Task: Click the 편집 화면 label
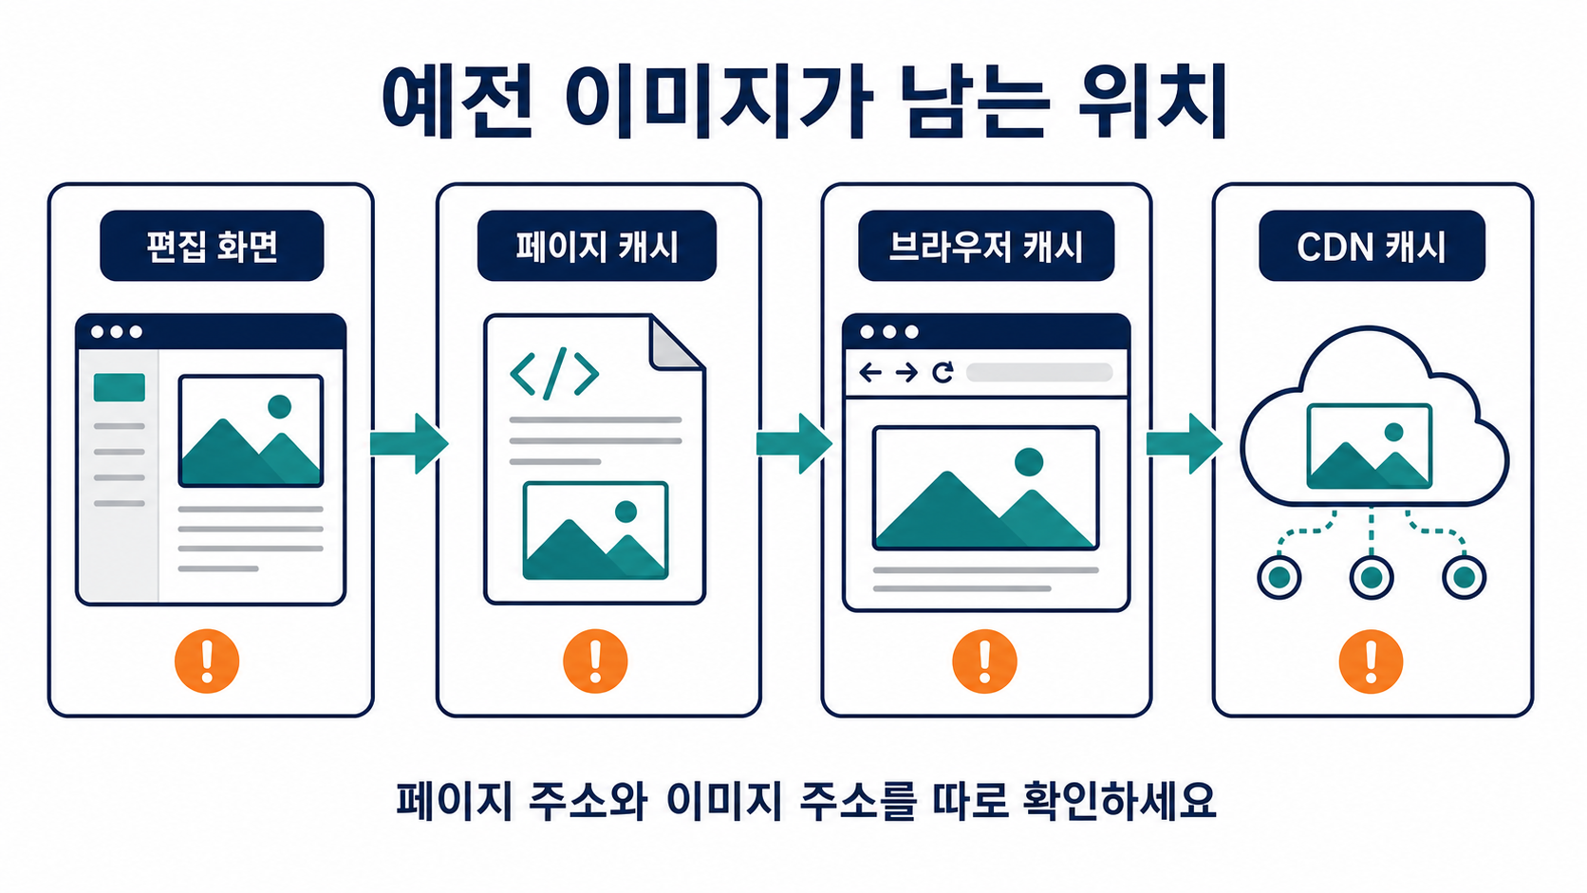point(212,246)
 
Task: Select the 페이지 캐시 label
point(596,246)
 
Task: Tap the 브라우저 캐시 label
point(985,246)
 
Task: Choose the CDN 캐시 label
point(1372,246)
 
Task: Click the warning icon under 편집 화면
point(207,660)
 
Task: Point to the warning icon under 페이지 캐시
point(595,660)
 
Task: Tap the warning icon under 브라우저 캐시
point(985,660)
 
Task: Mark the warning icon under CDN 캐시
point(1371,660)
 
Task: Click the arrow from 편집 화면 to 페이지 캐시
point(409,443)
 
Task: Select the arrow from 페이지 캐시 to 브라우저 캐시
point(794,443)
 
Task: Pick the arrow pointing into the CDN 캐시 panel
point(1185,443)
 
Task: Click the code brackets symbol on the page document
point(554,373)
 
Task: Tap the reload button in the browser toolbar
point(943,372)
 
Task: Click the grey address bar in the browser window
point(1039,373)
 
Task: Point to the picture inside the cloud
point(1370,446)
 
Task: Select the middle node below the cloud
point(1372,577)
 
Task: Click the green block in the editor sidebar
point(120,387)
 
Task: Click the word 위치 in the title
point(1152,102)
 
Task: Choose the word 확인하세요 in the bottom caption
point(1119,801)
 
